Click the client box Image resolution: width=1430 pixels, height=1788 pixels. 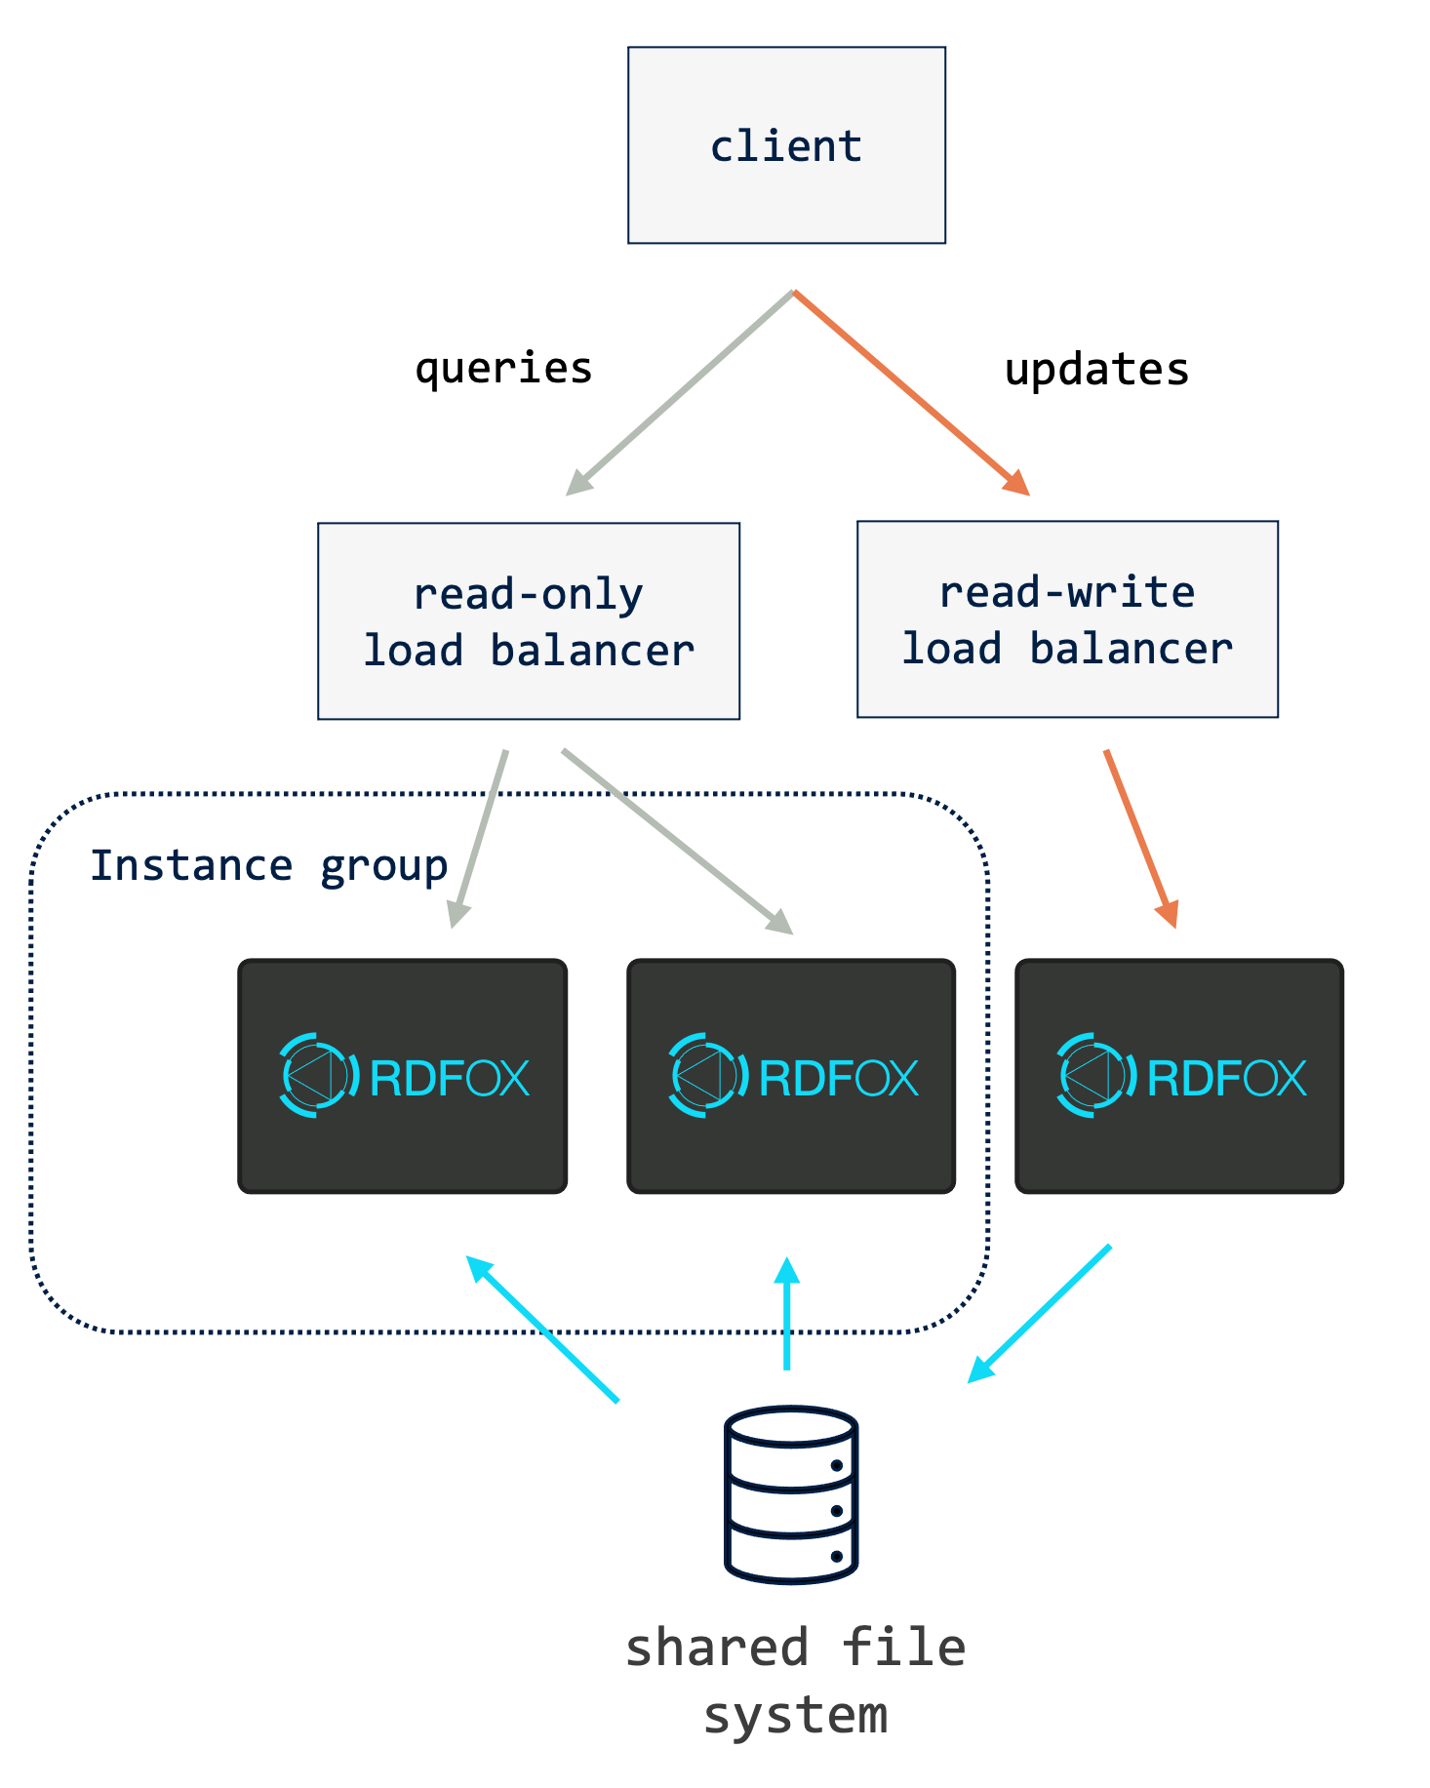pos(786,145)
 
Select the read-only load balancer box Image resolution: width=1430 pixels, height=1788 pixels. pos(529,621)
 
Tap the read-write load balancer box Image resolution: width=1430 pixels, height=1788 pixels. pos(1067,619)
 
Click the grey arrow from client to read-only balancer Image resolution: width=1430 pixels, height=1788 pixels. pos(681,392)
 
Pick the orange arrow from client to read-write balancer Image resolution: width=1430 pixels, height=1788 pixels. pos(910,392)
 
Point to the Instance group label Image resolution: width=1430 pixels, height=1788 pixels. pos(268,865)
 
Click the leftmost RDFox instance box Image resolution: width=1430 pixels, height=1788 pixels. pos(403,1076)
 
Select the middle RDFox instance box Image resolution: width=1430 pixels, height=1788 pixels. pos(791,1076)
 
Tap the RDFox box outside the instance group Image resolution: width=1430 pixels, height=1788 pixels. pos(1179,1076)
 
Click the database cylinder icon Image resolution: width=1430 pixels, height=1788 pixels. pos(791,1493)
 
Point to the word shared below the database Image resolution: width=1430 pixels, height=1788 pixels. pos(717,1648)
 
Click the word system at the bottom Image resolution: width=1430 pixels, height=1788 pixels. pos(795,1714)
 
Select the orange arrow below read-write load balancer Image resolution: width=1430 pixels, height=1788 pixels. pos(1140,838)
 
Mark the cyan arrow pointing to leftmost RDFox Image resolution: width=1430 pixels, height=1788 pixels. pos(542,1329)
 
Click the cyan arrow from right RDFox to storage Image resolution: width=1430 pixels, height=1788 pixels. pos(1040,1313)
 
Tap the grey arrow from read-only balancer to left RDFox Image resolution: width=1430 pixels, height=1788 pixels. pos(479,838)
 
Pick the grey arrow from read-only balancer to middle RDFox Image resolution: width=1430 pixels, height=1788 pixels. pos(677,841)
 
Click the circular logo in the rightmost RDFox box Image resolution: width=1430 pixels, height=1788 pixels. pos(1095,1075)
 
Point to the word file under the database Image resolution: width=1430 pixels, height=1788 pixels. pos(903,1648)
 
